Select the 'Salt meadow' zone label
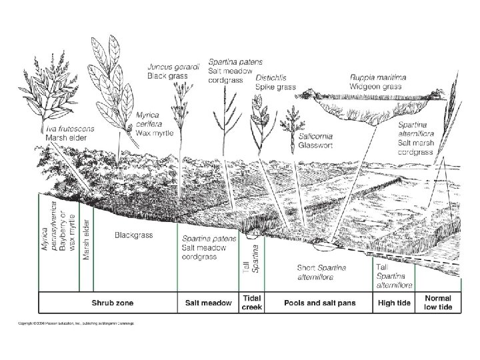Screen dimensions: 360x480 tap(209, 303)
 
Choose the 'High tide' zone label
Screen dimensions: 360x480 tap(392, 303)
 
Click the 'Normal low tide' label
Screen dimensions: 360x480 tap(437, 303)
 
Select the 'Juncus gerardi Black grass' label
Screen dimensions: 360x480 tap(167, 71)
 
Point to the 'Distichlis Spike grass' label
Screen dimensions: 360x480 tap(276, 81)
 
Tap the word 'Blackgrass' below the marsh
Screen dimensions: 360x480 tap(134, 235)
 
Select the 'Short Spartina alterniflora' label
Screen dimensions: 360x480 tap(325, 273)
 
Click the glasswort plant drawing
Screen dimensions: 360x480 tap(291, 129)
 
